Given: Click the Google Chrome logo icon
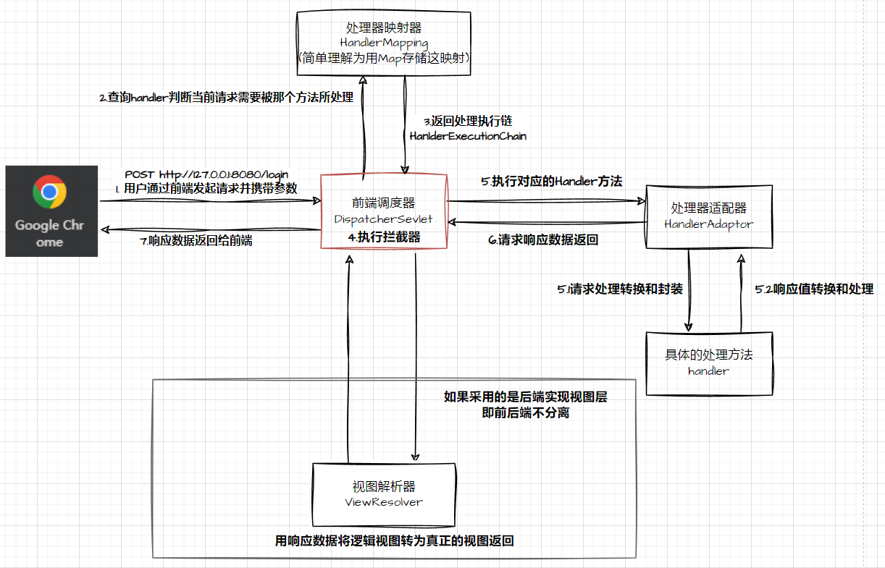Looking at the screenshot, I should pyautogui.click(x=49, y=191).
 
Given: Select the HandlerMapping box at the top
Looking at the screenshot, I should pyautogui.click(x=384, y=43).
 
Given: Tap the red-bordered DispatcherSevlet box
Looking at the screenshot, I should pyautogui.click(x=384, y=211).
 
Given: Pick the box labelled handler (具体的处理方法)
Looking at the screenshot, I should pyautogui.click(x=708, y=363).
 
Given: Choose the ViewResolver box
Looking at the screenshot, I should pyautogui.click(x=384, y=493).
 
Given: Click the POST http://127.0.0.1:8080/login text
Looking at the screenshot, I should pyautogui.click(x=206, y=174).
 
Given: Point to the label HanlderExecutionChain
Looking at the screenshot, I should pyautogui.click(x=468, y=136).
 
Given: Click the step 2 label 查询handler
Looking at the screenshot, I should pyautogui.click(x=226, y=97).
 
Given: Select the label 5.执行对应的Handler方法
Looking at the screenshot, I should pyautogui.click(x=552, y=182).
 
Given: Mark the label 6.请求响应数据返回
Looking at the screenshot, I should pyautogui.click(x=543, y=240).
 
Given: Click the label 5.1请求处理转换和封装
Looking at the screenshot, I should pyautogui.click(x=620, y=289).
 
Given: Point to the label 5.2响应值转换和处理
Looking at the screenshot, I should pyautogui.click(x=814, y=289).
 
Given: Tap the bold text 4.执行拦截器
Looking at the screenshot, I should pyautogui.click(x=384, y=237).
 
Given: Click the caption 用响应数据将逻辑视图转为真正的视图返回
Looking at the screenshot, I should pyautogui.click(x=395, y=541).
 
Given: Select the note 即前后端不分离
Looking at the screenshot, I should pyautogui.click(x=525, y=413).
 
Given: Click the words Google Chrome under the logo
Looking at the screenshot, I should pyautogui.click(x=49, y=233).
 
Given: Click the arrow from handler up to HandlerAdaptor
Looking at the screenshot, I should pyautogui.click(x=740, y=289).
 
